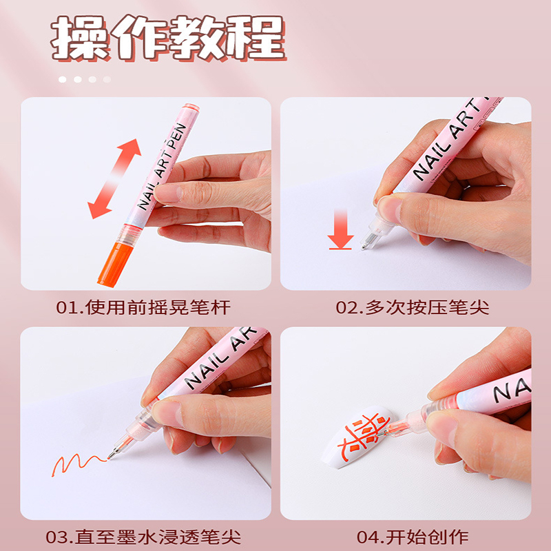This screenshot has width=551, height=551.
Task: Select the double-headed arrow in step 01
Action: tap(115, 178)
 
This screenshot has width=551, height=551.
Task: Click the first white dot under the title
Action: tap(63, 79)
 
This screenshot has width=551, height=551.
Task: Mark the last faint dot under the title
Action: tap(107, 79)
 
